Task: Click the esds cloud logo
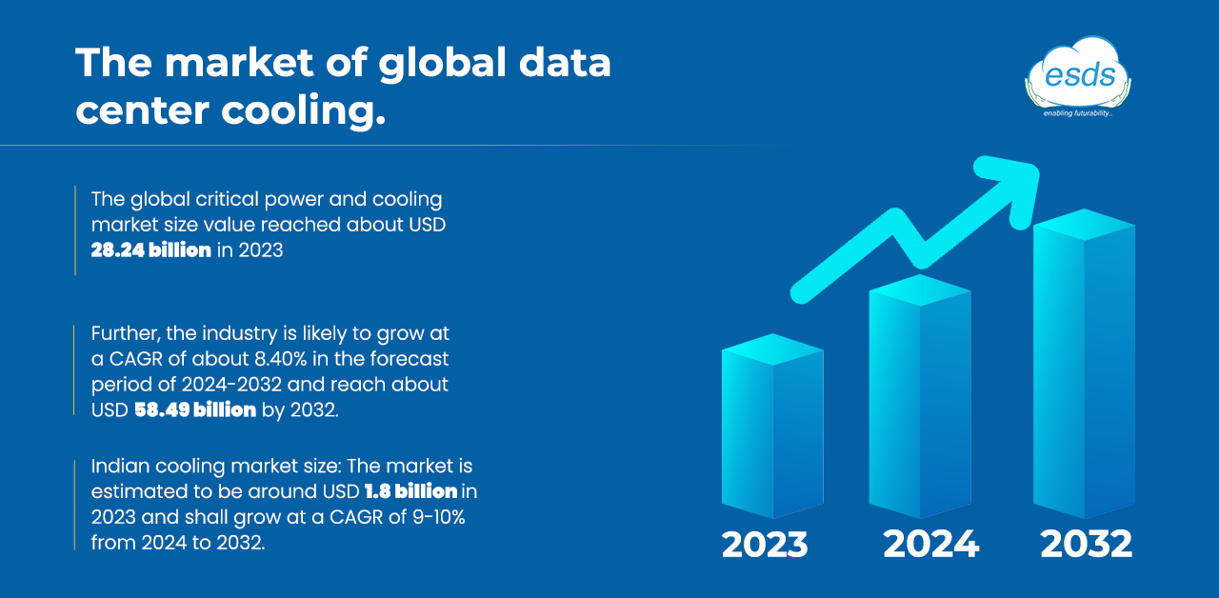(x=1077, y=77)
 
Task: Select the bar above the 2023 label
(x=772, y=426)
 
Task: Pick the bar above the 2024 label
(x=920, y=396)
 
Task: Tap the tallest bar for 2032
(x=1084, y=364)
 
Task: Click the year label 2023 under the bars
(x=765, y=544)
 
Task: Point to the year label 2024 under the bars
(x=930, y=544)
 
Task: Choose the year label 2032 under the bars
(x=1087, y=544)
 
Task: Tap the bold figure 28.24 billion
(x=150, y=250)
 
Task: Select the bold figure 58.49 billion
(x=195, y=409)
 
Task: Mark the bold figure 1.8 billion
(x=410, y=491)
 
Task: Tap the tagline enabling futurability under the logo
(x=1077, y=113)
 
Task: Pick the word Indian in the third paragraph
(x=120, y=466)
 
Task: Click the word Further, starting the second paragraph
(x=126, y=333)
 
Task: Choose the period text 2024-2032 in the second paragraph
(x=231, y=385)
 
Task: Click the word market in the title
(x=239, y=63)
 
